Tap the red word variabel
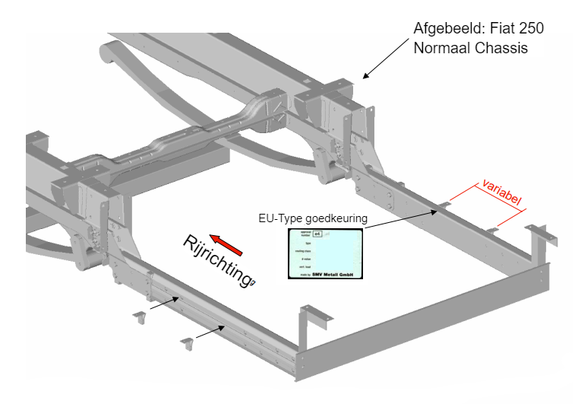501,193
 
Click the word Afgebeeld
444,29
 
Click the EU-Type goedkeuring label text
312,218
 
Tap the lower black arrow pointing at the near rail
209,332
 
